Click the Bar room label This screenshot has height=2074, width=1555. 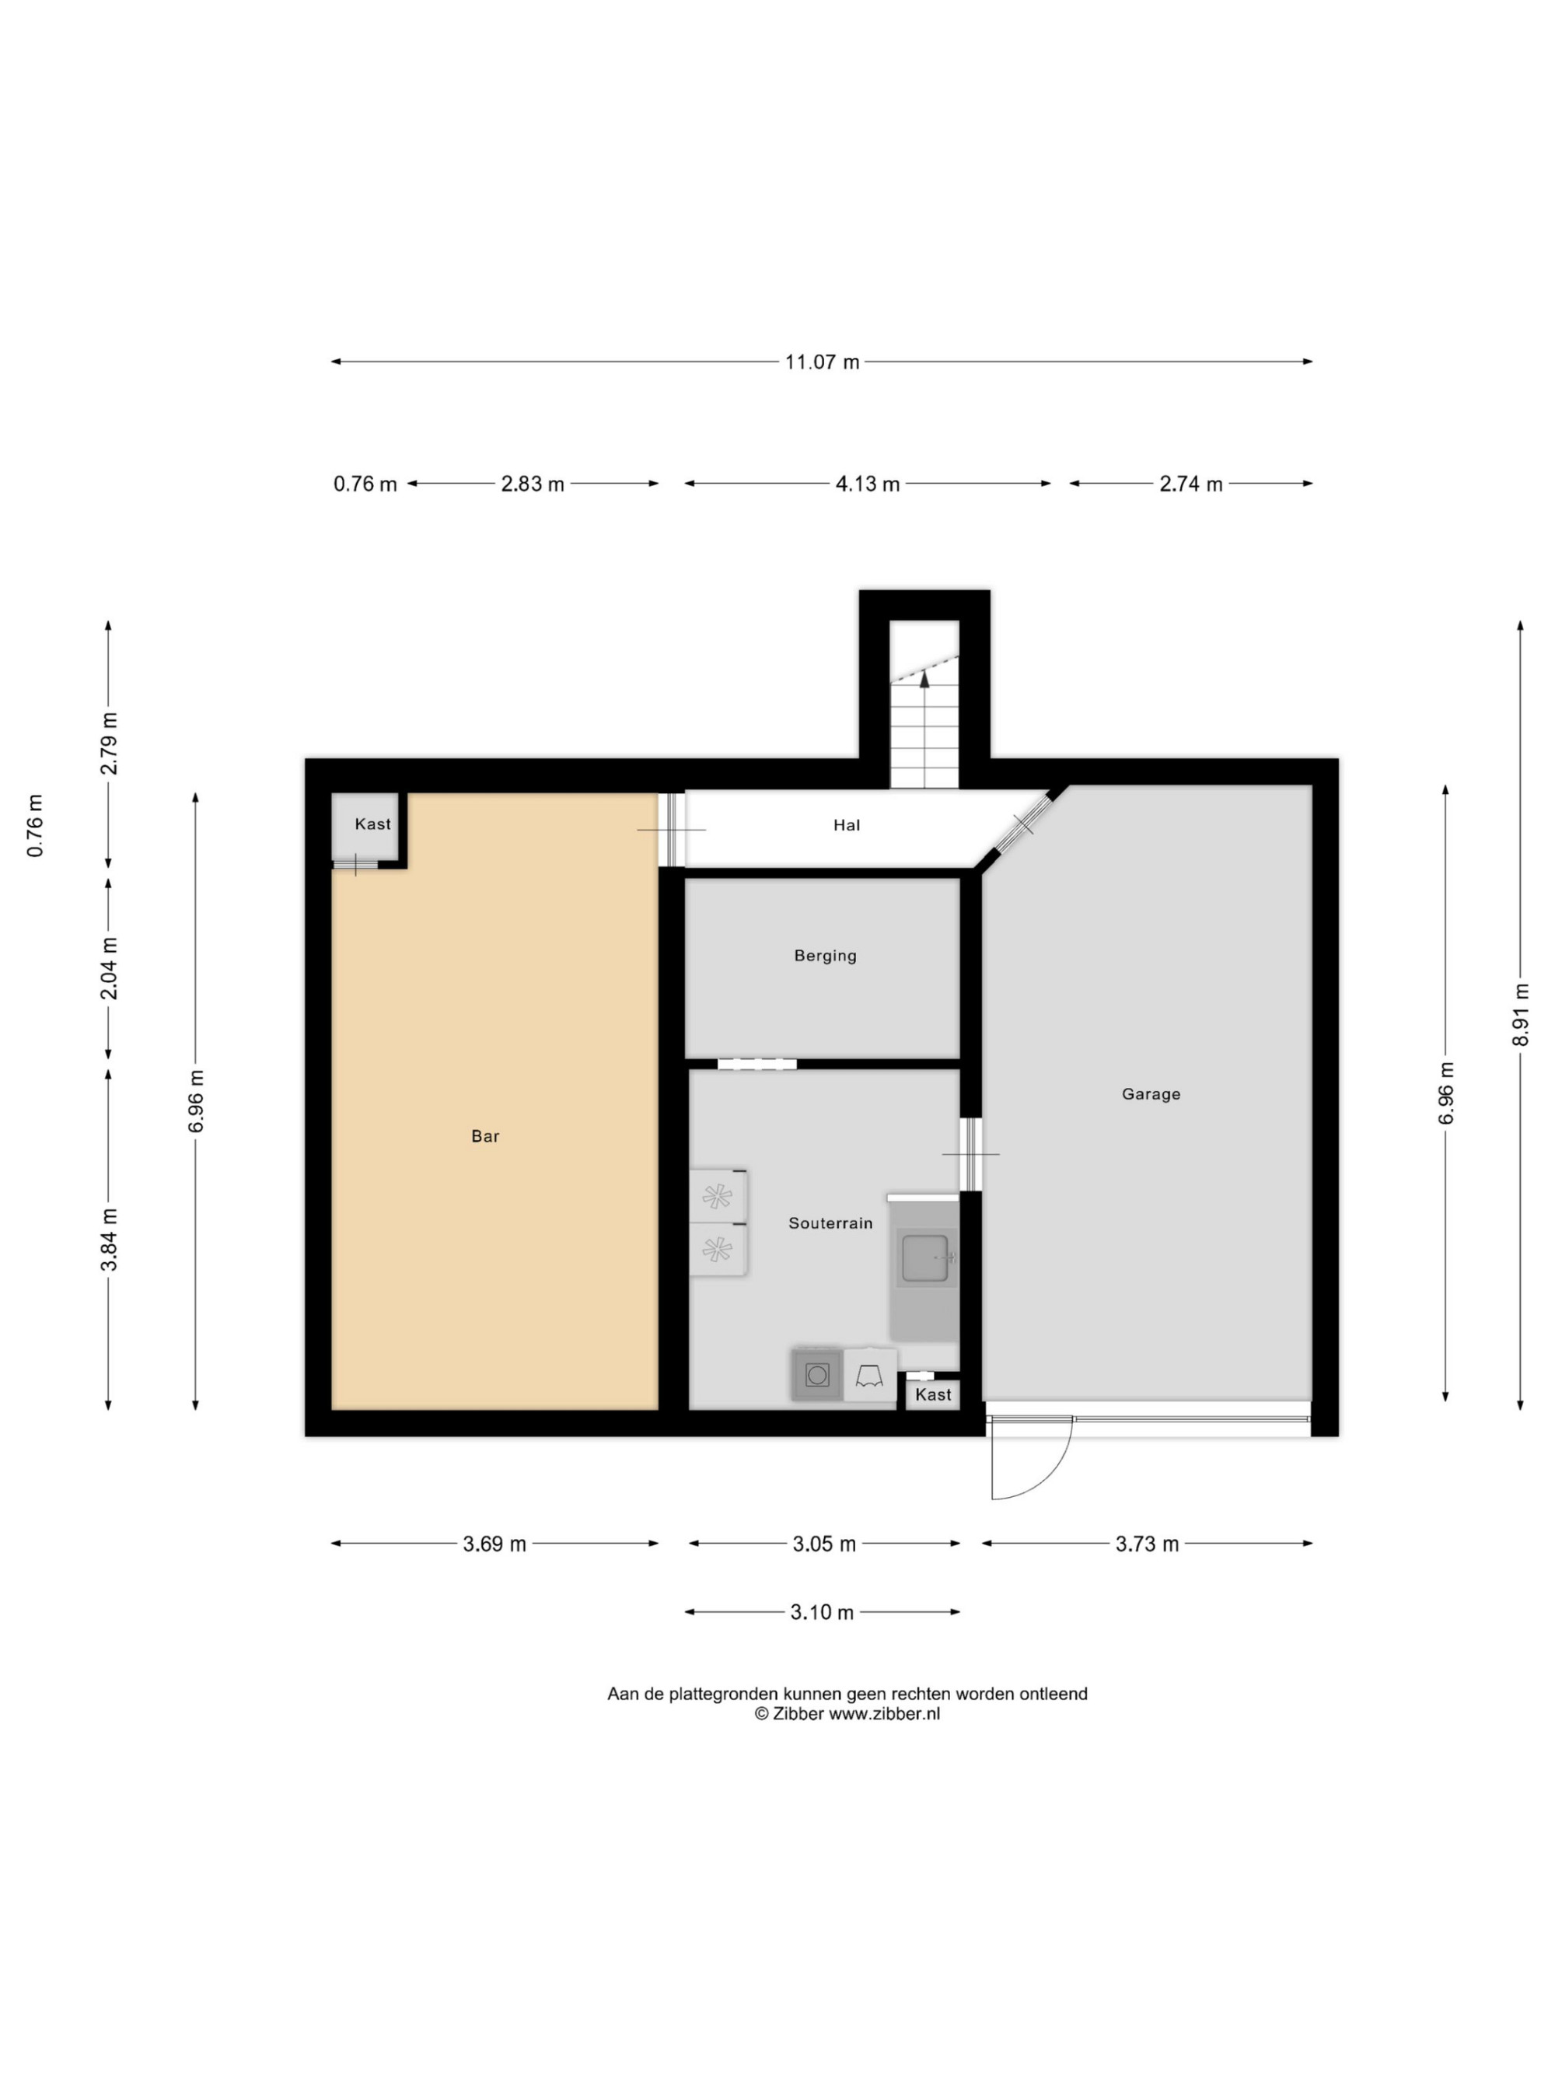484,1136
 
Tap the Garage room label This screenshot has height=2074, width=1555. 1151,1094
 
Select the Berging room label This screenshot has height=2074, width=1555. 825,957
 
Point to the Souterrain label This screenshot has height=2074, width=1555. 830,1223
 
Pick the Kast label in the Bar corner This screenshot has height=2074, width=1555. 372,824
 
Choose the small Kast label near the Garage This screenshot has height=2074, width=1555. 933,1394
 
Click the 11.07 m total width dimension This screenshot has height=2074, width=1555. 822,362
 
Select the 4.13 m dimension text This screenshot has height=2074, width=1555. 868,484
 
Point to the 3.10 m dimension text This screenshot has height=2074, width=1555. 822,1612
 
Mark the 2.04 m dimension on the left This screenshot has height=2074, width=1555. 109,967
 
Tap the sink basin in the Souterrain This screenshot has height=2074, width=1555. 925,1258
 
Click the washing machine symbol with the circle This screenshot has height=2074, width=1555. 817,1376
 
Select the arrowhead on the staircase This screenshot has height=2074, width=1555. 924,679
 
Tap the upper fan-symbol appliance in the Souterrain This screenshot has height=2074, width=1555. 718,1196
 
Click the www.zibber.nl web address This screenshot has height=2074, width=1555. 884,1713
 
